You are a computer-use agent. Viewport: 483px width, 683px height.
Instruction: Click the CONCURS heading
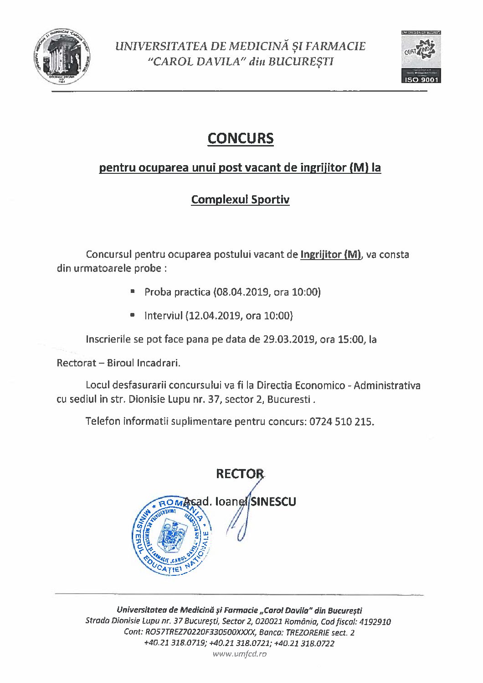[x=240, y=138]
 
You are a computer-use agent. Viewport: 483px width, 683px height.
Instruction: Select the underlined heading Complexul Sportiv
[x=240, y=200]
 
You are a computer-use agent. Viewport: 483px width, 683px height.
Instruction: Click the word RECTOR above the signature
[x=240, y=474]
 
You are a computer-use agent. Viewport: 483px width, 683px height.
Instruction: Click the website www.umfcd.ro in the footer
[x=240, y=654]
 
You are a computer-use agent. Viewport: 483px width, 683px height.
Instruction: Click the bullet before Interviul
[x=133, y=315]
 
